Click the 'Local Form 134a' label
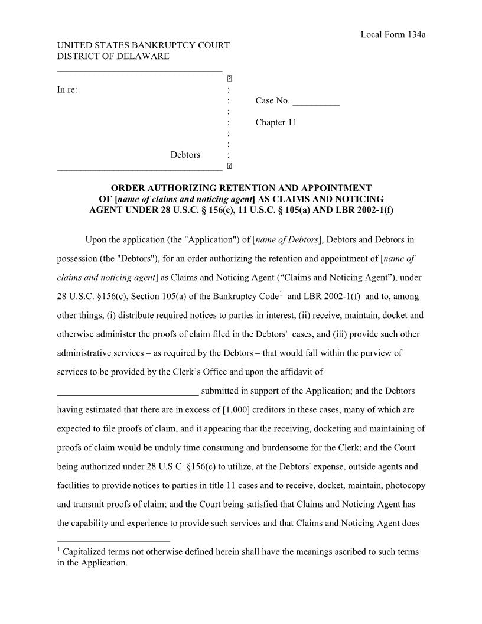(x=393, y=34)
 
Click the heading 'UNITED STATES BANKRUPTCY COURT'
(x=143, y=45)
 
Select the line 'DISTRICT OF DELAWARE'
(x=113, y=56)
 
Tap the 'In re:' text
(x=67, y=90)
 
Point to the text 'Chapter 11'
(x=276, y=122)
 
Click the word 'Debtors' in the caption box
(x=185, y=155)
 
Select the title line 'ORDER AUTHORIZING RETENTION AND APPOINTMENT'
(x=242, y=188)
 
